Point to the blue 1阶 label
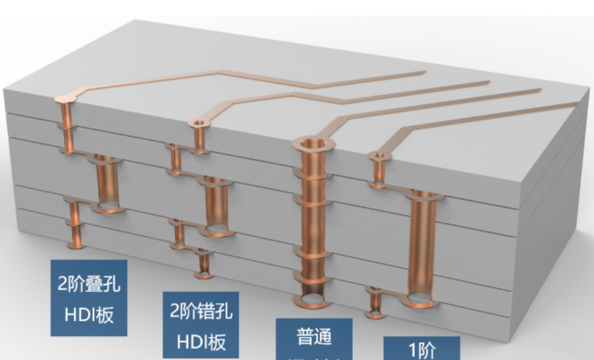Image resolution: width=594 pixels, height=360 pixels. (422, 349)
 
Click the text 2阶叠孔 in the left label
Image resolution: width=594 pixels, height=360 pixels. (89, 286)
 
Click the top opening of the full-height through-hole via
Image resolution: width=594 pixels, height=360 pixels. (314, 145)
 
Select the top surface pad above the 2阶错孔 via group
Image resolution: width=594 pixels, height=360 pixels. (198, 125)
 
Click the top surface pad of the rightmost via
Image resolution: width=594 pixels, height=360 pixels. (378, 155)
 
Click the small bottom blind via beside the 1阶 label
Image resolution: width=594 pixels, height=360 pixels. (375, 302)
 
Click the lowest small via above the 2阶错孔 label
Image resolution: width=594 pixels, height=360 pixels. (204, 265)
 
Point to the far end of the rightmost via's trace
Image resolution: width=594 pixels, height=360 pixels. (576, 105)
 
